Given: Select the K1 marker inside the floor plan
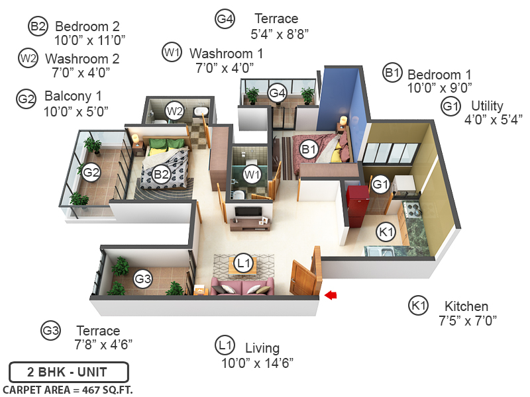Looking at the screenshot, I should (386, 232).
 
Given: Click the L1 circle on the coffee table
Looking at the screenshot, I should (244, 263).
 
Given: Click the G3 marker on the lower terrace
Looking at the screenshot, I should (143, 279).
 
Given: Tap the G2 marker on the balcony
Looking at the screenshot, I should (91, 173).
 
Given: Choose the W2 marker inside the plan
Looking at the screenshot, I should (174, 110).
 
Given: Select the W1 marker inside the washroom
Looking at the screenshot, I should (251, 175).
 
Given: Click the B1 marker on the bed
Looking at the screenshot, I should (308, 150).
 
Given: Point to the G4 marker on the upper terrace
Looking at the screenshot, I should (278, 93).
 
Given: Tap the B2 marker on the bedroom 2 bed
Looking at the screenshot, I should (162, 175).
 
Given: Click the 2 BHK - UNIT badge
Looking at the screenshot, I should (68, 372).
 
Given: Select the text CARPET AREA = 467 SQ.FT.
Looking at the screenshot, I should (68, 389).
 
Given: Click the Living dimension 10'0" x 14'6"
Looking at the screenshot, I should (257, 363).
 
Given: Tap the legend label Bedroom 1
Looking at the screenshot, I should (439, 74).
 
